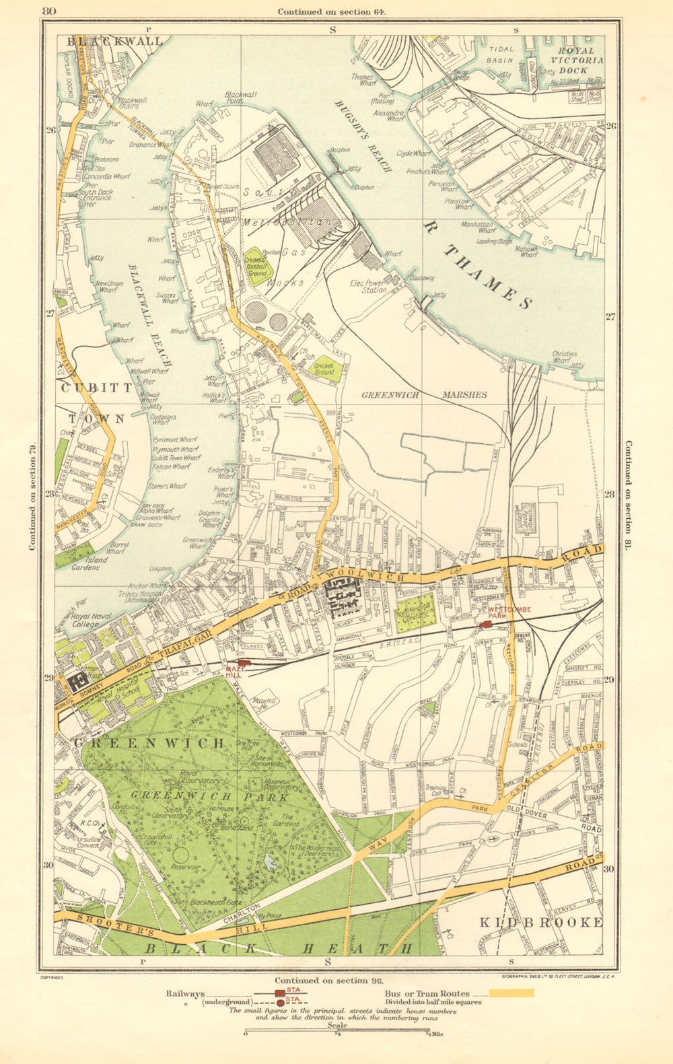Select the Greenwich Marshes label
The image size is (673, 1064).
(423, 395)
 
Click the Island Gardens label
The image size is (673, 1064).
(85, 563)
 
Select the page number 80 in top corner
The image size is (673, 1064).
(48, 11)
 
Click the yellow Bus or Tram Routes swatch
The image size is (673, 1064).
(511, 993)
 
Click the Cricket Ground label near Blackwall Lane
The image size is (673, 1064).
(324, 369)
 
